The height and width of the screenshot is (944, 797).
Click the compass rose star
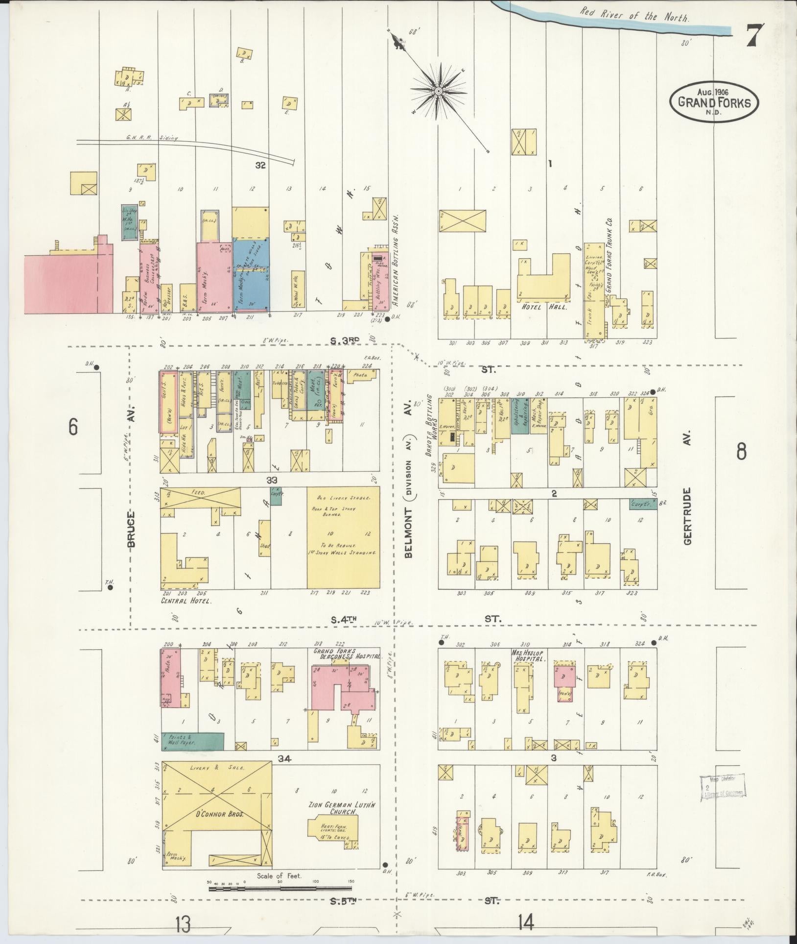click(439, 91)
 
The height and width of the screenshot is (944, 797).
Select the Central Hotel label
click(187, 600)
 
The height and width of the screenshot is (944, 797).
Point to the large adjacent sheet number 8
click(741, 452)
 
